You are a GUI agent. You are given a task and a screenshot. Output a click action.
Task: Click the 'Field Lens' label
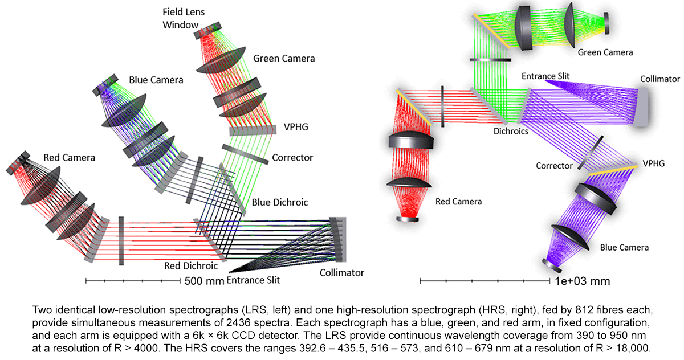coord(183,11)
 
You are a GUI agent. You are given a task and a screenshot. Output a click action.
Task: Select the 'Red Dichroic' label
coord(183,265)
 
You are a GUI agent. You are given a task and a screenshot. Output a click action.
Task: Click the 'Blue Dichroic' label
coord(279,202)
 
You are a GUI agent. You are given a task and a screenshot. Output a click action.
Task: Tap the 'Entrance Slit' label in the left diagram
coord(254,280)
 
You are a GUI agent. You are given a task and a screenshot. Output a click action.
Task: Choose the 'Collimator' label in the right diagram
coord(659,79)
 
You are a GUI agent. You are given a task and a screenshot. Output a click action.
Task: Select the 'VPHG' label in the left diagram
coord(296,127)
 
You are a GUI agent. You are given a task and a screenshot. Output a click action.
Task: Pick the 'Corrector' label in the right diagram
coord(554,166)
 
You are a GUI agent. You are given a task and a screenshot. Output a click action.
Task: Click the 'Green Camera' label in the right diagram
coord(605,52)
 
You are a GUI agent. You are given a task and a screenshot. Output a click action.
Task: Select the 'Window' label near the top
coord(180,24)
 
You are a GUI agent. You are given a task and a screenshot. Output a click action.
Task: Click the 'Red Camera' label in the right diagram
coord(458,202)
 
